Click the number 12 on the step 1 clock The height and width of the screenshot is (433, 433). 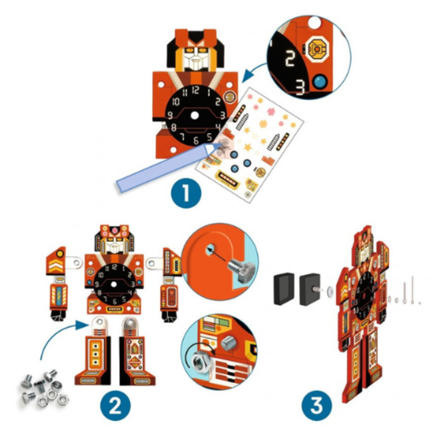click(194, 89)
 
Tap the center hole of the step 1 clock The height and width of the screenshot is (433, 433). click(194, 115)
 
